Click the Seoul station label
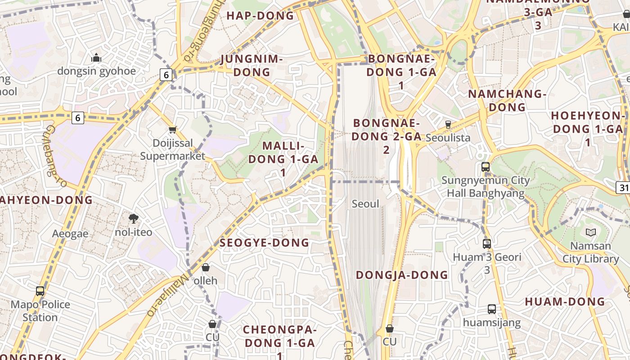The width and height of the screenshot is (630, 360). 365,204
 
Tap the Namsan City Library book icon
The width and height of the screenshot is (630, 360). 590,232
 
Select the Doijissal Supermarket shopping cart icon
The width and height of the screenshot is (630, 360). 172,130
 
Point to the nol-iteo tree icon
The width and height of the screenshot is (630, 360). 133,219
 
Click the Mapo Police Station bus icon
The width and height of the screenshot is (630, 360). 40,291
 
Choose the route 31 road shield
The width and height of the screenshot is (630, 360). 623,188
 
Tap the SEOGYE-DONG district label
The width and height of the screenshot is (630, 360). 265,243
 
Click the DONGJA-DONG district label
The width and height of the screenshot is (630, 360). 402,275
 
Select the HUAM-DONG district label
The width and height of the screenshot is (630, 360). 565,301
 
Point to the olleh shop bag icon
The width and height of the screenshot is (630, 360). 206,267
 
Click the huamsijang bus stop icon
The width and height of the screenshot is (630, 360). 491,309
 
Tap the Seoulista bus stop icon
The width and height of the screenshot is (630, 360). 448,124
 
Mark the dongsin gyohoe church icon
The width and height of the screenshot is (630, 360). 96,58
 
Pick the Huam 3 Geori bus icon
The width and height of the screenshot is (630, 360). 486,244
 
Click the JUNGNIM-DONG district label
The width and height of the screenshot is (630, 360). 252,66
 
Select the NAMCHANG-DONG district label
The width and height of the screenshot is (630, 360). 507,100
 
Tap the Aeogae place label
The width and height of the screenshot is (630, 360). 70,234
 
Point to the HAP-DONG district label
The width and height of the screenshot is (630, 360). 260,16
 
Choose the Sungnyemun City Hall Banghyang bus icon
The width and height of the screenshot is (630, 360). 485,167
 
